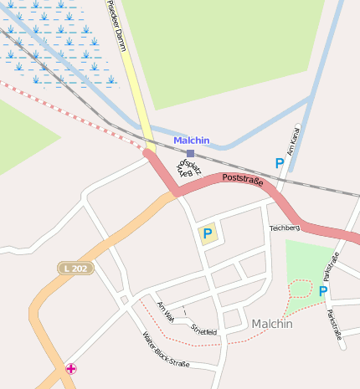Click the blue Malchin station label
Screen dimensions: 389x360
point(192,141)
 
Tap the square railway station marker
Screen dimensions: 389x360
point(191,154)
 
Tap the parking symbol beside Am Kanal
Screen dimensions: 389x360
point(279,163)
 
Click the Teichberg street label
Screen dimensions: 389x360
point(285,228)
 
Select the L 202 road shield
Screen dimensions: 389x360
point(76,268)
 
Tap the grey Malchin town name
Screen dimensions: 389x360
point(272,324)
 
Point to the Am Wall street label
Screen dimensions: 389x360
point(165,311)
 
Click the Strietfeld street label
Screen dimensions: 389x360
point(203,330)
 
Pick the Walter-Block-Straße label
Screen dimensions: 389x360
point(166,351)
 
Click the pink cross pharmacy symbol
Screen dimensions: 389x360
point(72,368)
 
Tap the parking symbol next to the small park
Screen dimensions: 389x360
point(322,291)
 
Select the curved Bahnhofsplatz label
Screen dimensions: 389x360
point(185,166)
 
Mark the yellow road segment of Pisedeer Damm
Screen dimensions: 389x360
point(136,100)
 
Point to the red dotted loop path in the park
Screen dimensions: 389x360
point(300,289)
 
